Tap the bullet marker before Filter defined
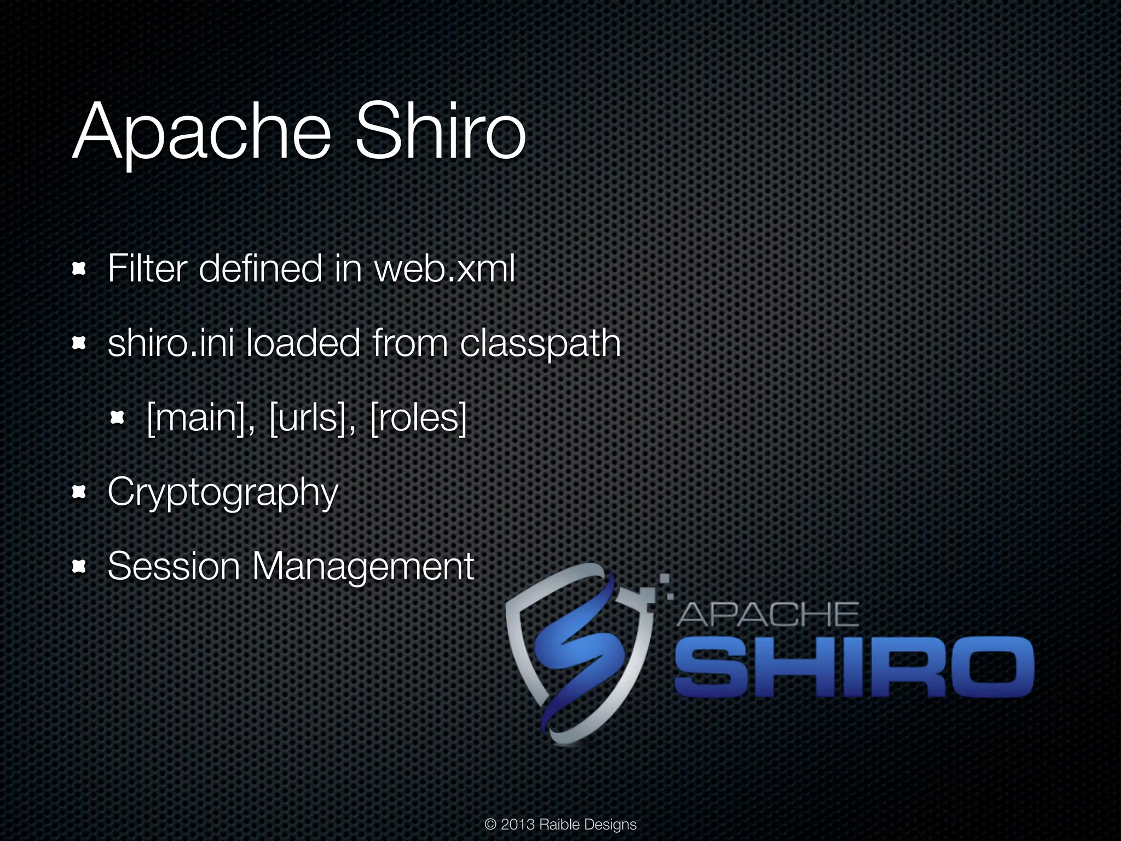[x=80, y=269]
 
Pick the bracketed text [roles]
[x=419, y=419]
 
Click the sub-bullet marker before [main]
[x=118, y=418]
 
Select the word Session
[x=174, y=566]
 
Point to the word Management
[x=362, y=567]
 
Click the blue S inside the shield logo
[x=575, y=652]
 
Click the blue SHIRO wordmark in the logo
[x=853, y=667]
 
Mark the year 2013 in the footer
[x=518, y=825]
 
